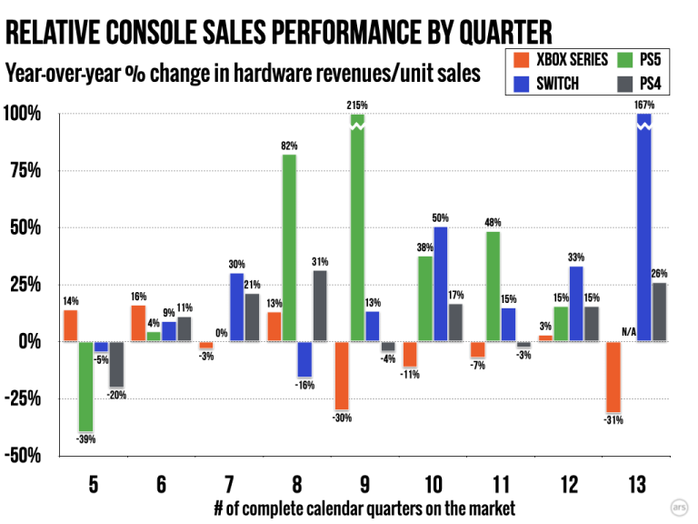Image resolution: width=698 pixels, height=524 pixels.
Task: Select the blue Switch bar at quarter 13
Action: tap(643, 227)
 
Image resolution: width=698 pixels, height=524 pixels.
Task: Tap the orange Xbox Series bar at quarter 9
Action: tap(342, 375)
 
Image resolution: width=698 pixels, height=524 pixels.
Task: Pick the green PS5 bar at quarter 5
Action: tap(86, 386)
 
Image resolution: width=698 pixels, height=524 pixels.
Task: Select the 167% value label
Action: tap(643, 106)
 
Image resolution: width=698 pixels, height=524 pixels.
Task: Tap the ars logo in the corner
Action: tap(679, 506)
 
